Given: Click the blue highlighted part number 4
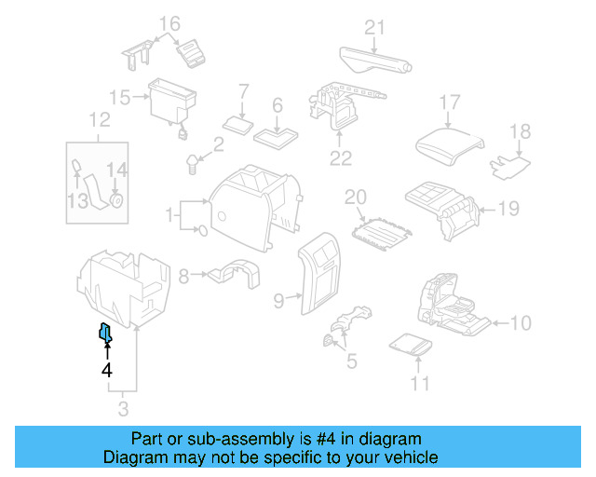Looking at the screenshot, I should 106,332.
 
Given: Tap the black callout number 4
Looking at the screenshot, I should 107,370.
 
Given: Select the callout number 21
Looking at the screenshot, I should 374,28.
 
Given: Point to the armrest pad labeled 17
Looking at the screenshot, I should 451,143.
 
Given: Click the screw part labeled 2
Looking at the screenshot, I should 195,165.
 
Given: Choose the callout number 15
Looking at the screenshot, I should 118,97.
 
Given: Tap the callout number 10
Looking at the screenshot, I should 521,323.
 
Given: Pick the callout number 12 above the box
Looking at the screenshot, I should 99,119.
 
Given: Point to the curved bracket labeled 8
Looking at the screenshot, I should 233,274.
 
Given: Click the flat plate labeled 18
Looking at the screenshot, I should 510,165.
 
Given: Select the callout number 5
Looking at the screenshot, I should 350,360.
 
